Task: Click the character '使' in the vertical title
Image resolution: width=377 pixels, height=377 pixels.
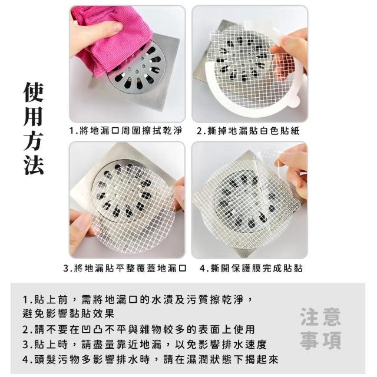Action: click(34, 92)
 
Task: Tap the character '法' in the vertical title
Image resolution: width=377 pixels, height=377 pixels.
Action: click(34, 165)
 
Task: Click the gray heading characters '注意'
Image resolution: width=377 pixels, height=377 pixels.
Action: click(320, 317)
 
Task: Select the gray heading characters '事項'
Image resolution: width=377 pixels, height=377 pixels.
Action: click(320, 340)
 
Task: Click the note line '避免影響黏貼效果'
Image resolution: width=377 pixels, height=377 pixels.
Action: click(68, 313)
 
